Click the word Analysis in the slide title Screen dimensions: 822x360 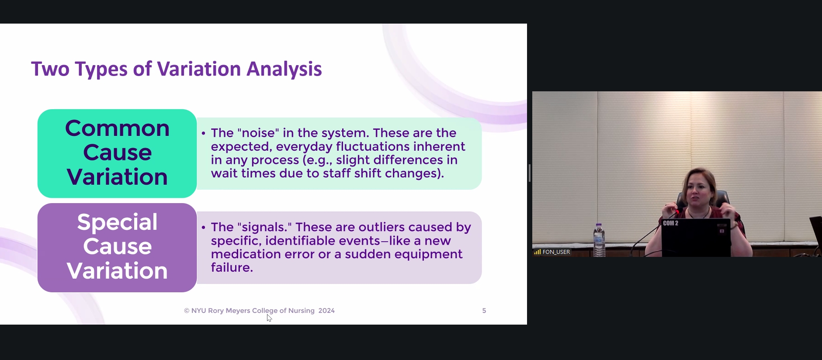click(x=284, y=69)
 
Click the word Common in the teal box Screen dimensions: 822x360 click(x=117, y=128)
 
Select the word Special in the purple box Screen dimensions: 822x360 click(x=117, y=222)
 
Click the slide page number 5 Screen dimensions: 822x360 click(x=484, y=311)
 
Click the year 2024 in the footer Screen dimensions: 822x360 click(x=326, y=311)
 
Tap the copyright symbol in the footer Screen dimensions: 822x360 click(x=187, y=311)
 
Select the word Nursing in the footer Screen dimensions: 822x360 click(x=301, y=311)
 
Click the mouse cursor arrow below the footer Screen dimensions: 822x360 click(x=269, y=318)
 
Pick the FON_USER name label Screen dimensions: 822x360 click(x=556, y=252)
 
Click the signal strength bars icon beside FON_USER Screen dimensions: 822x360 click(x=538, y=252)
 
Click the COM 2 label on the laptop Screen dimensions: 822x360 click(x=670, y=223)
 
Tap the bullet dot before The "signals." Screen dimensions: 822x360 click(x=204, y=228)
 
